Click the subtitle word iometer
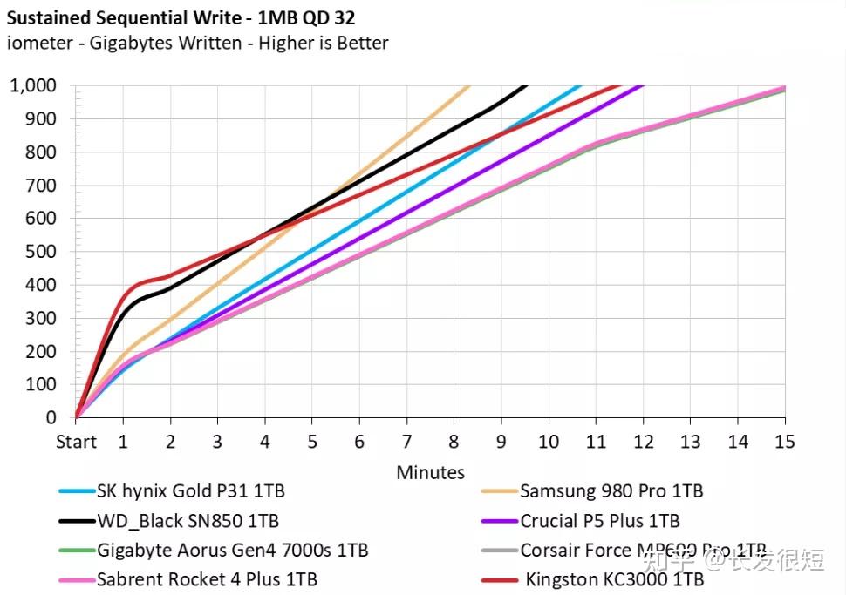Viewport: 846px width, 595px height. point(43,43)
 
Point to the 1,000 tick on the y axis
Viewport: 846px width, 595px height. point(32,85)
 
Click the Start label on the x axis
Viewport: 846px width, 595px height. point(76,442)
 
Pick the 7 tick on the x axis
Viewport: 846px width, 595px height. point(406,442)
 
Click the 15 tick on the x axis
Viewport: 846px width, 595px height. point(784,442)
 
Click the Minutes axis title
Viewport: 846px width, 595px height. point(430,472)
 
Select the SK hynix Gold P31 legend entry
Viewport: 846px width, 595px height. point(191,491)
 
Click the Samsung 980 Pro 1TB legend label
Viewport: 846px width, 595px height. point(611,491)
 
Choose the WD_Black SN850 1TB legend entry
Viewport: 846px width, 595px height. point(188,521)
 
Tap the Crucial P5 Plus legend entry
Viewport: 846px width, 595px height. point(600,521)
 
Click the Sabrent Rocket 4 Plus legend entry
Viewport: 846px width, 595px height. point(207,579)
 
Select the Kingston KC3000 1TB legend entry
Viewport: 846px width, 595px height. point(614,579)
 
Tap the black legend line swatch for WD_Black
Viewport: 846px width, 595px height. point(76,521)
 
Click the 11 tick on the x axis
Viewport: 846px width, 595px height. point(596,442)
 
